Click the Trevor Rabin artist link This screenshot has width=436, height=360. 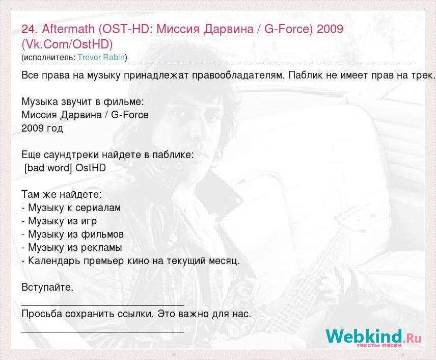101,57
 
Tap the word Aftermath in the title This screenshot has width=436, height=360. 68,29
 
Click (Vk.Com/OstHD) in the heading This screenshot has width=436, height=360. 67,44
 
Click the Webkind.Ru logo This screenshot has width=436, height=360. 373,338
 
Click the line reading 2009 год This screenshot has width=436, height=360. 42,128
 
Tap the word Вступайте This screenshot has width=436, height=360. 47,287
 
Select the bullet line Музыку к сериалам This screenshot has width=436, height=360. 71,208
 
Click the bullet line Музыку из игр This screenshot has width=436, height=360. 59,221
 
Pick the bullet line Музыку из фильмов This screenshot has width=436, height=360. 72,234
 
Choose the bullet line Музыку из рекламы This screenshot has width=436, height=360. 72,247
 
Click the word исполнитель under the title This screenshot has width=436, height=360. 48,57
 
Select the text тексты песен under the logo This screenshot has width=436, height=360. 379,345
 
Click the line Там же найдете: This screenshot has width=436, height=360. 62,194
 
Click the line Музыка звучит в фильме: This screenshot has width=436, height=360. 83,101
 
